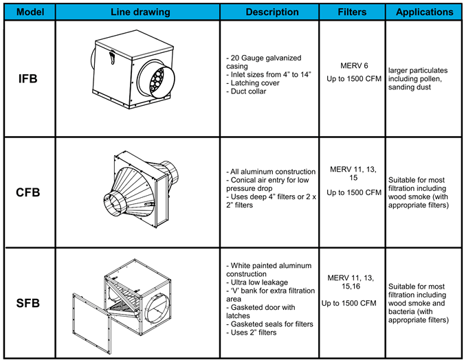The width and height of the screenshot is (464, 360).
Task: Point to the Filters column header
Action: coord(352,12)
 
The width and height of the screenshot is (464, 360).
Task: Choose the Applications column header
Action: coord(424,12)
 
